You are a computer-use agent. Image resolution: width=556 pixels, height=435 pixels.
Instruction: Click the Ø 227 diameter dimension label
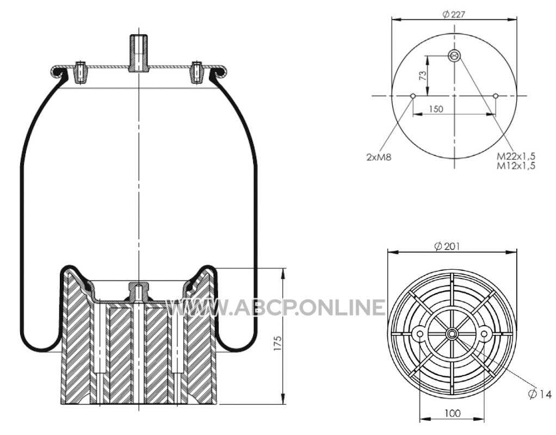coord(454,14)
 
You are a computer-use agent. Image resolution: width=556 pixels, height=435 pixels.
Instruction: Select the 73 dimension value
coord(423,76)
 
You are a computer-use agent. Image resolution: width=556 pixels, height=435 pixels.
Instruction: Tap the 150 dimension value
coord(436,109)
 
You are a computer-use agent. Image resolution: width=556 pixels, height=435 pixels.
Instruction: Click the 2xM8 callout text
coord(379,157)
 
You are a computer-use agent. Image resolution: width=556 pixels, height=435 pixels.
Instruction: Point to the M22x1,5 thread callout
coord(516,156)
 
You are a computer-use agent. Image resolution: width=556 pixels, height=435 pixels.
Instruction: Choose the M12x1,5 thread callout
coord(516,165)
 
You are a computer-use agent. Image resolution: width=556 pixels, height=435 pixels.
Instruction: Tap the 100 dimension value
coord(453,413)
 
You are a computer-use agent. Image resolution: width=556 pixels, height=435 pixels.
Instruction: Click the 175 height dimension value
coord(277,343)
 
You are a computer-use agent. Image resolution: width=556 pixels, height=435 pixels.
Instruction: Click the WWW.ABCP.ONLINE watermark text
coord(275,307)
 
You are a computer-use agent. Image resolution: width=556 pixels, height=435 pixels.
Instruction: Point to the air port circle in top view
coord(454,55)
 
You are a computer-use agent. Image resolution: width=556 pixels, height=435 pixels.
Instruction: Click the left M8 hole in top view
coord(413,96)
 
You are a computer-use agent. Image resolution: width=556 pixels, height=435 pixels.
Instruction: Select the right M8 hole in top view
coord(496,96)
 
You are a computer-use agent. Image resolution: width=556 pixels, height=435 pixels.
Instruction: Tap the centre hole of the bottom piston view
coord(452,334)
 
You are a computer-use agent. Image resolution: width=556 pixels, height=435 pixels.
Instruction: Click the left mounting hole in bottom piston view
coord(420,334)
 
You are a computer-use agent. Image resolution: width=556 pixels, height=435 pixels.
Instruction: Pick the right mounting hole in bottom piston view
coord(484,334)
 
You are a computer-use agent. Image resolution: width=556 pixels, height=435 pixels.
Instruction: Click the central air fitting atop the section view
coord(139,53)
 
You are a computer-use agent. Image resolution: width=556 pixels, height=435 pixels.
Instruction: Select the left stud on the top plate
coord(81,72)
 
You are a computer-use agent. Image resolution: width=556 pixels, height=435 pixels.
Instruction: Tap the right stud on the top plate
coord(197,72)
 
